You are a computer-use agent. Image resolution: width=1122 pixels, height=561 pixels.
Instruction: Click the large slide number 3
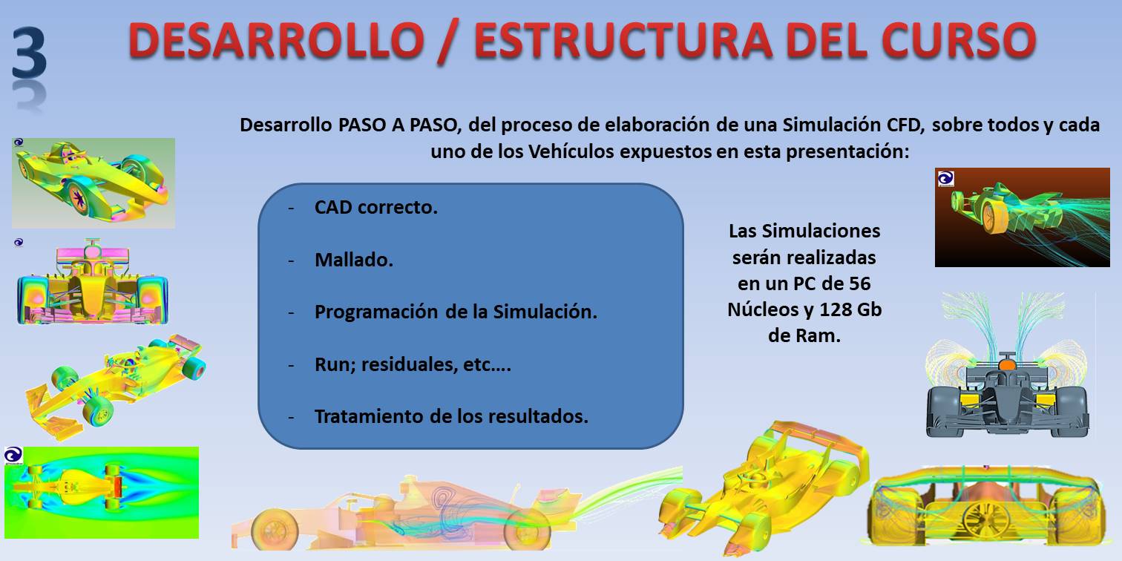click(29, 53)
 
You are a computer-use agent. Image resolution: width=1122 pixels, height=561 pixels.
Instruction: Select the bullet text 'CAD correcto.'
click(375, 207)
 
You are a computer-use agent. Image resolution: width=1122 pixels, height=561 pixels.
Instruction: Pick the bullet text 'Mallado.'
click(354, 260)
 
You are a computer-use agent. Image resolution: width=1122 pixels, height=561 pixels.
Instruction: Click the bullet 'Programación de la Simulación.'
click(456, 312)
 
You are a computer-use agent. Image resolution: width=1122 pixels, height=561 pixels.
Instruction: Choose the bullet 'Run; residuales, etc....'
click(413, 364)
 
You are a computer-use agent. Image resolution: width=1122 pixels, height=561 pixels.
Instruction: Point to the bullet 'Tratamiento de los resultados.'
click(451, 416)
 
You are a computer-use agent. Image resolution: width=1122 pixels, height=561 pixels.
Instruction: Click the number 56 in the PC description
click(859, 283)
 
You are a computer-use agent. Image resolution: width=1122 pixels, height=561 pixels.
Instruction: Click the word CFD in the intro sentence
click(905, 125)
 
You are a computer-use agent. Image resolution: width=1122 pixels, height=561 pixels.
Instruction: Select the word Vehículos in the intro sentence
click(571, 151)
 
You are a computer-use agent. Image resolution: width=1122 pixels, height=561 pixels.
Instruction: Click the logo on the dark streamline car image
click(945, 179)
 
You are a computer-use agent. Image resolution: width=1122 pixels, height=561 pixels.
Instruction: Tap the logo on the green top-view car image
click(13, 456)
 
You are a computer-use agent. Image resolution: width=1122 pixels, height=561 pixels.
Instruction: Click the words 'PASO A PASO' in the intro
click(399, 125)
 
